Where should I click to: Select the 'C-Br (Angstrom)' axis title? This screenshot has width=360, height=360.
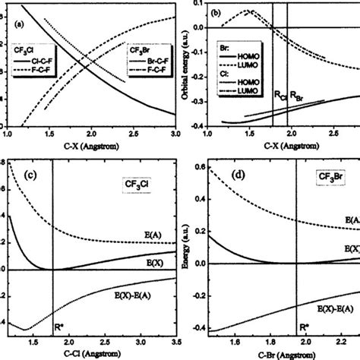click(273, 354)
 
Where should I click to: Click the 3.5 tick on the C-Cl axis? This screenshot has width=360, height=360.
click(175, 343)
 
